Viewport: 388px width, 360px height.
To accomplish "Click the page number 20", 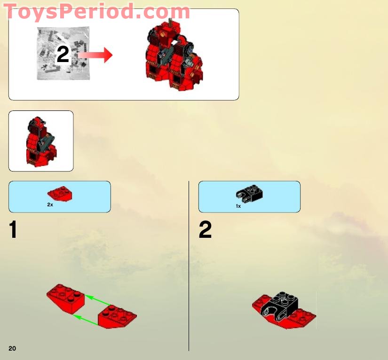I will tap(12, 348).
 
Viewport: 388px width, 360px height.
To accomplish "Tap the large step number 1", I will tap(14, 230).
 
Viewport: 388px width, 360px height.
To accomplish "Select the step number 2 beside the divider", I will tap(205, 230).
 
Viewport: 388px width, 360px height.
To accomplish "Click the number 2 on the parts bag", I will tap(63, 55).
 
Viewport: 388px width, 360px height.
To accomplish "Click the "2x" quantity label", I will tap(50, 205).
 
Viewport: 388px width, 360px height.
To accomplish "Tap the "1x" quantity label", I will tap(238, 206).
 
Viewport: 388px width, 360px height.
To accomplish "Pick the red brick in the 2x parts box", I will tap(60, 193).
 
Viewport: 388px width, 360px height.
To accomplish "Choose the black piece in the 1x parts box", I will tap(249, 193).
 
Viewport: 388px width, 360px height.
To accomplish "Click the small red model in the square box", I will tap(41, 141).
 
